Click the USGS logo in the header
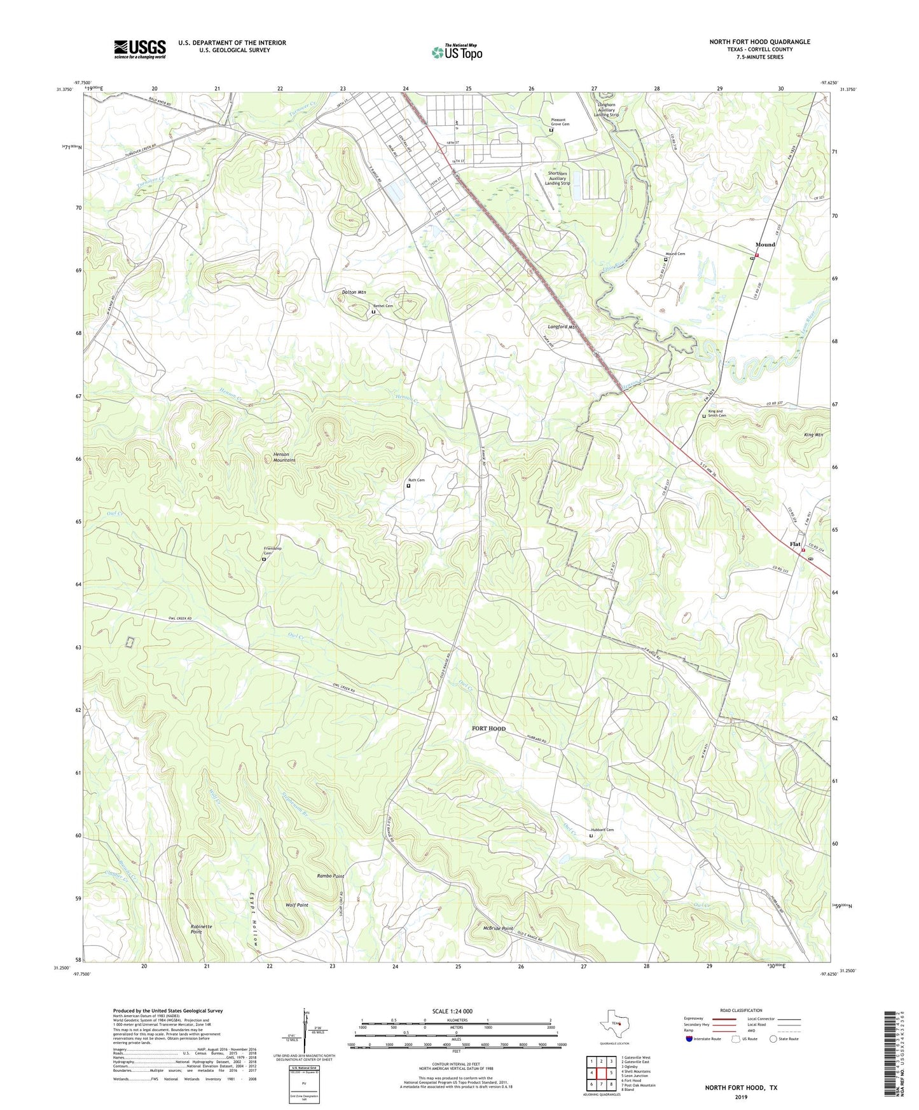[139, 49]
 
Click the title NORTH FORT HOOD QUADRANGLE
[759, 42]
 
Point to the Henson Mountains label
[280, 457]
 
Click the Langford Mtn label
[562, 327]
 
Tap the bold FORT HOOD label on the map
[488, 729]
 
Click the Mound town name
[765, 245]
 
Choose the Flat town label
[795, 544]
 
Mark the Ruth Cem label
[416, 480]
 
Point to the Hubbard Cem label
[602, 830]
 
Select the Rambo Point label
[331, 876]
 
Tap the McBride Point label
[498, 929]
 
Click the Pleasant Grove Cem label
[560, 121]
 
